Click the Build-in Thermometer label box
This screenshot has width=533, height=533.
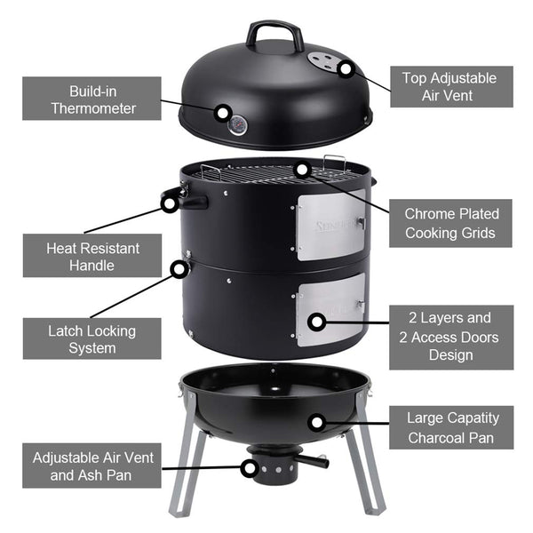pyautogui.click(x=91, y=99)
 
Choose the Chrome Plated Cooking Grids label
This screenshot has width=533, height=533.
pyautogui.click(x=450, y=223)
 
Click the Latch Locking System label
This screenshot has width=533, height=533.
pyautogui.click(x=91, y=338)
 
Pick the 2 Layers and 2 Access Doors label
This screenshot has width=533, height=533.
pyautogui.click(x=450, y=337)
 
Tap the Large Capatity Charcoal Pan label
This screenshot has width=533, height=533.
pyautogui.click(x=452, y=427)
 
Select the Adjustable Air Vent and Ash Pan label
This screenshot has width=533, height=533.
pyautogui.click(x=92, y=467)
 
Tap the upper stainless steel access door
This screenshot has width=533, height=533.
pyautogui.click(x=330, y=227)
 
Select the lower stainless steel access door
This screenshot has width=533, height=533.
pyautogui.click(x=330, y=309)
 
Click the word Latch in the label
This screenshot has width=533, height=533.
pyautogui.click(x=68, y=330)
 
